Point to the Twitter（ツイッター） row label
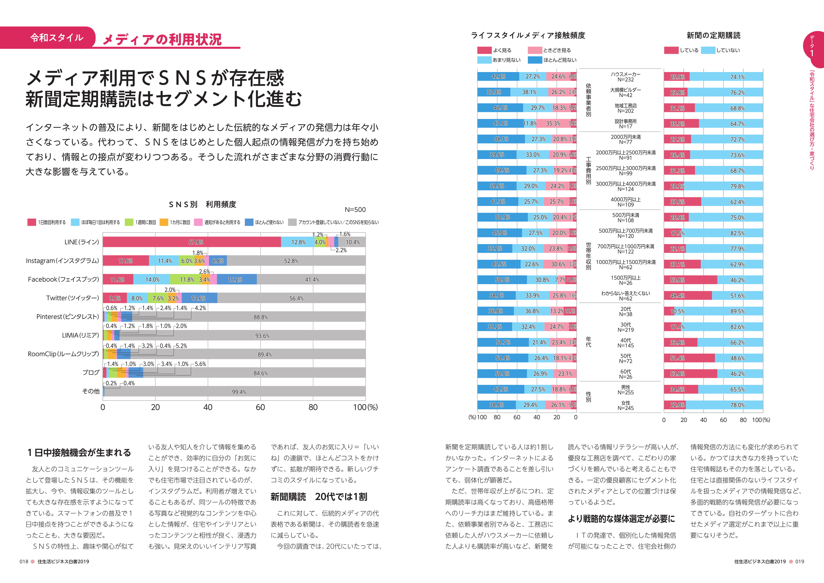(72, 298)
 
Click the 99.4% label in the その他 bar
(239, 392)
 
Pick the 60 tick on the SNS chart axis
(260, 407)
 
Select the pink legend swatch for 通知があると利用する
(198, 222)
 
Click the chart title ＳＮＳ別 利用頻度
(203, 204)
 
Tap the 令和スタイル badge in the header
(57, 38)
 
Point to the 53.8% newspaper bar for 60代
(690, 374)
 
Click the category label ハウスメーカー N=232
(625, 77)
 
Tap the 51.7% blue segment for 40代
(503, 342)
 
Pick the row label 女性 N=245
(625, 406)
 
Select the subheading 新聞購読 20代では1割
(319, 497)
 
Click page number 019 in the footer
(800, 562)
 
